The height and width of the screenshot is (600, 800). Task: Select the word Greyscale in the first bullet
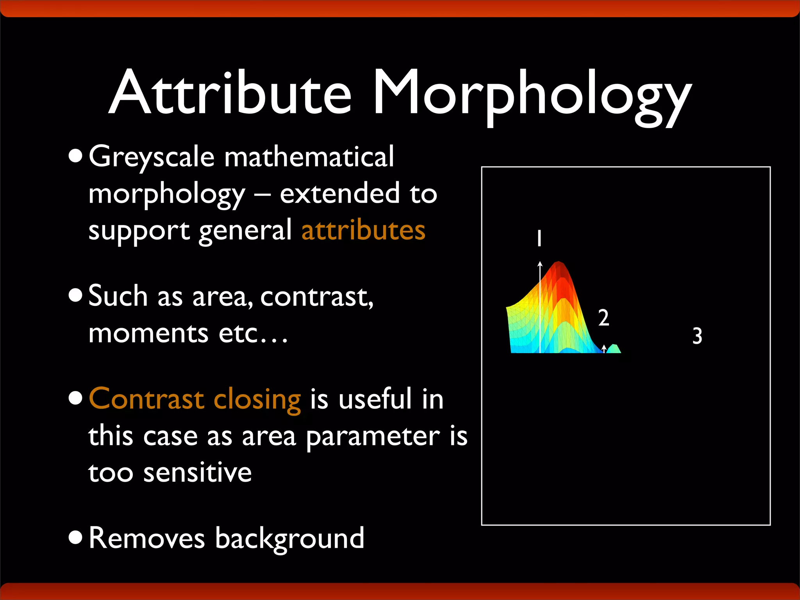[152, 157]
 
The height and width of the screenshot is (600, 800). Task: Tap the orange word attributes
[363, 230]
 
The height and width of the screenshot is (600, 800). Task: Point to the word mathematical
[309, 157]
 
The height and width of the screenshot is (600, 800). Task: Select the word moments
[148, 334]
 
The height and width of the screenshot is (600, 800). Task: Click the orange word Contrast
[146, 399]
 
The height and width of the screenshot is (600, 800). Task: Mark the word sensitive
[197, 473]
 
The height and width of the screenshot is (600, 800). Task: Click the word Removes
[146, 538]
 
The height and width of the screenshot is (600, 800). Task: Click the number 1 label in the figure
[539, 238]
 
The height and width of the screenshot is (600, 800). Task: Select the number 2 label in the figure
[604, 318]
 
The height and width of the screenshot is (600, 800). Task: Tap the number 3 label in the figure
[697, 336]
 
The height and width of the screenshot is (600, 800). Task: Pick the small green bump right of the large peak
[614, 349]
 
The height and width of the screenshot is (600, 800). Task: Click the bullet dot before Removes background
[75, 537]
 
